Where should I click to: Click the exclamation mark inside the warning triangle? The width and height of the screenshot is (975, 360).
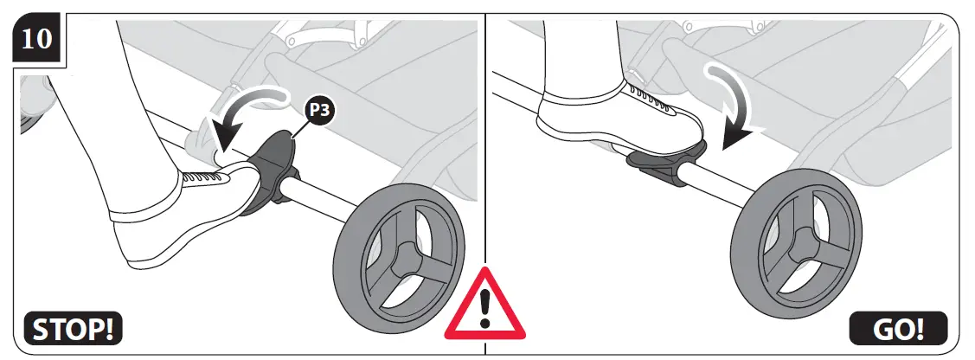485,306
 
